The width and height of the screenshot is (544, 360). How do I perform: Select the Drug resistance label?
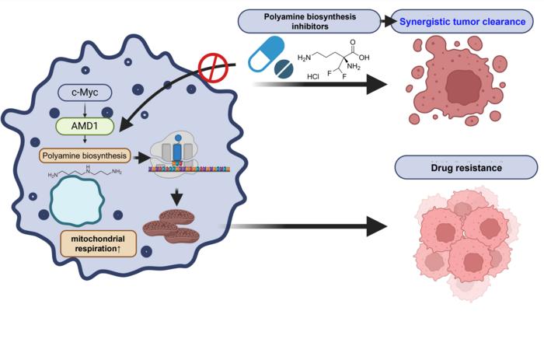coord(466,166)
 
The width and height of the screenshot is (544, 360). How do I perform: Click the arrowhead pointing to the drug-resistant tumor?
coord(377,226)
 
